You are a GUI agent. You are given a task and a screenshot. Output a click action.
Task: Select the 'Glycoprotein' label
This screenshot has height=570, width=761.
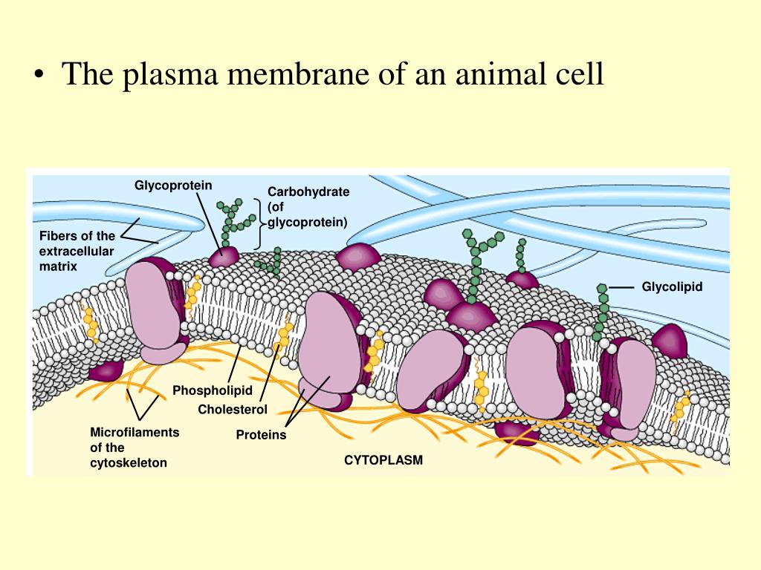click(x=173, y=185)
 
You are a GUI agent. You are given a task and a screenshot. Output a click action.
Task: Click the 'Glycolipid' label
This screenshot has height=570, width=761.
click(x=673, y=286)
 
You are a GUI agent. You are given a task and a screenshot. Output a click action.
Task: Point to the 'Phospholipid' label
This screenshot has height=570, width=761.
click(x=213, y=390)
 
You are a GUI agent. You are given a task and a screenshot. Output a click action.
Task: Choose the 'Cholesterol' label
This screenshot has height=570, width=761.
click(x=233, y=410)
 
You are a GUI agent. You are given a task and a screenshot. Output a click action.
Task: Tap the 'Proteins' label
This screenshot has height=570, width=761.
click(x=261, y=435)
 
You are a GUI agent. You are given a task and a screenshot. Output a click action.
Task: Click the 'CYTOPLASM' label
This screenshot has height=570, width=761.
click(x=383, y=460)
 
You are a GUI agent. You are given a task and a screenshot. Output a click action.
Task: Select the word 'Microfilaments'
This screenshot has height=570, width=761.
click(x=135, y=432)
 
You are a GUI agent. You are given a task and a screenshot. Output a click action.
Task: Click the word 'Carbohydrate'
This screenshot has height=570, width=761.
click(x=308, y=191)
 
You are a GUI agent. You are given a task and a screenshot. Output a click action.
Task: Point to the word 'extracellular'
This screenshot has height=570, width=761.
click(x=77, y=252)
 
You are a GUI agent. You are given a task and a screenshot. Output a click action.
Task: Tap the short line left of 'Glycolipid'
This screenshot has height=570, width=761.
click(x=622, y=286)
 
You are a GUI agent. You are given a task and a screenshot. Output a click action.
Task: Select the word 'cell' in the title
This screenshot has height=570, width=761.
click(x=580, y=76)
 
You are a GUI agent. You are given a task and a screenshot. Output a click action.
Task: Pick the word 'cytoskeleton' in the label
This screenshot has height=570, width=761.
click(x=129, y=463)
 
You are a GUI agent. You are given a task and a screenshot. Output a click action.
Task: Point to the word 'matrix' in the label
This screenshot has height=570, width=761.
click(x=58, y=266)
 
